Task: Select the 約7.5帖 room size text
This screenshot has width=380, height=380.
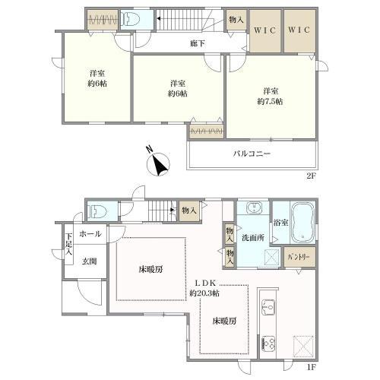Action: [x=269, y=100]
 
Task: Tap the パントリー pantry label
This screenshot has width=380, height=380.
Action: [x=298, y=258]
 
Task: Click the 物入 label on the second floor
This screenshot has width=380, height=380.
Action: [x=235, y=21]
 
